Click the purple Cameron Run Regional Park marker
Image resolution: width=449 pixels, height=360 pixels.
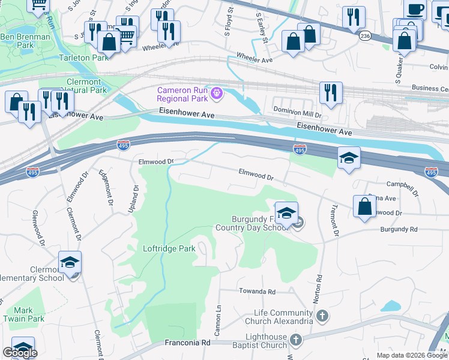pos(217,93)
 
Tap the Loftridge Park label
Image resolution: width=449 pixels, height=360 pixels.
pos(169,248)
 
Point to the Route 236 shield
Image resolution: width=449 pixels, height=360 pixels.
pos(365,37)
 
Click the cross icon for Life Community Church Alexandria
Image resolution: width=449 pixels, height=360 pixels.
pos(322,316)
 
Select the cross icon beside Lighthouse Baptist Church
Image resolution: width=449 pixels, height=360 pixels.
pos(295,340)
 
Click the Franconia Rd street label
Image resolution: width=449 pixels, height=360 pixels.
pos(188,343)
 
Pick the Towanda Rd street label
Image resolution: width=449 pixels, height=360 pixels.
pos(258,292)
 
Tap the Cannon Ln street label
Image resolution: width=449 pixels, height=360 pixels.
pos(218,317)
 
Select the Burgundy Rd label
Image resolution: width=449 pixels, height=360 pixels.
pos(398,229)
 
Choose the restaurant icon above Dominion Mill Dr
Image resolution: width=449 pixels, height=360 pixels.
pos(331,92)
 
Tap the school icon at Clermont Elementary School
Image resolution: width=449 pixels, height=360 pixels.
pos(70,263)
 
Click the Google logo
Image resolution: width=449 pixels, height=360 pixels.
pos(20,353)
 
